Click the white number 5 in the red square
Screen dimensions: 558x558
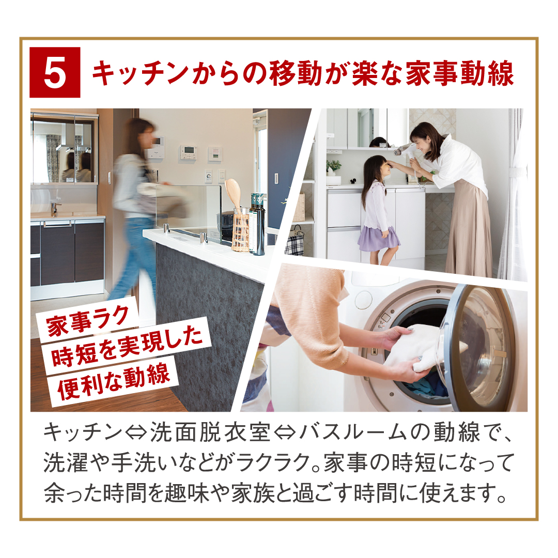coord(55,73)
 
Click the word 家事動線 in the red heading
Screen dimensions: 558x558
coord(460,74)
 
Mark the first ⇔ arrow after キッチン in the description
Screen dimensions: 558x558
coord(136,433)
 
